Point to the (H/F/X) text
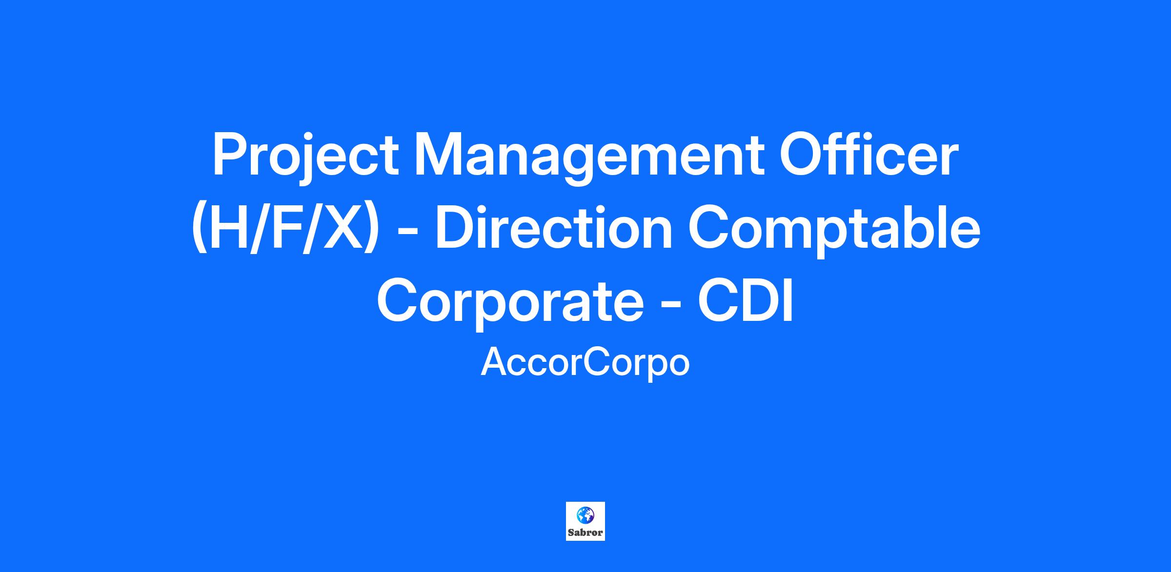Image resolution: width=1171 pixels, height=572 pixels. coord(285,229)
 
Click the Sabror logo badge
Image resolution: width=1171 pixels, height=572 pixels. coord(585,521)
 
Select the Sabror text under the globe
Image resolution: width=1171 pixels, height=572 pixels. coord(585,533)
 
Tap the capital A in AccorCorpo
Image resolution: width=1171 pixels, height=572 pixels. coord(494,362)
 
